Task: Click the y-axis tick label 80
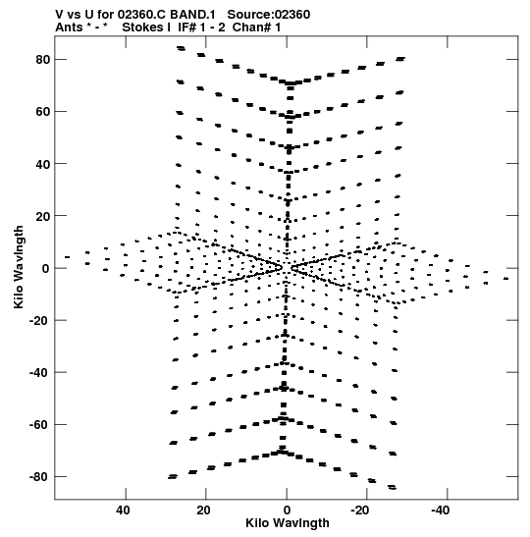(x=43, y=60)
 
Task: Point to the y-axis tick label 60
(x=43, y=112)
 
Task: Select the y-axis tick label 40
(x=43, y=164)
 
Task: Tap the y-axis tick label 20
(x=43, y=216)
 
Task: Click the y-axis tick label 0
(x=46, y=269)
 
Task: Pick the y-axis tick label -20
(x=40, y=321)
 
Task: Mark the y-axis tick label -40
(x=40, y=373)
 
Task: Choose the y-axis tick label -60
(x=40, y=425)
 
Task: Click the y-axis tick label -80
(x=40, y=477)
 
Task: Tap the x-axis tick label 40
(x=124, y=510)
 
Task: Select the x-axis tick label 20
(x=203, y=510)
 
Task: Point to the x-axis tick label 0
(x=287, y=510)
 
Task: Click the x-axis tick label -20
(x=360, y=510)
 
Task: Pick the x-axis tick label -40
(x=441, y=510)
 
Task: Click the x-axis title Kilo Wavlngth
(x=288, y=523)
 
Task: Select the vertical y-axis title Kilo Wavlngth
(x=19, y=267)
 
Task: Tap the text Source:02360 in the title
(x=269, y=15)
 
